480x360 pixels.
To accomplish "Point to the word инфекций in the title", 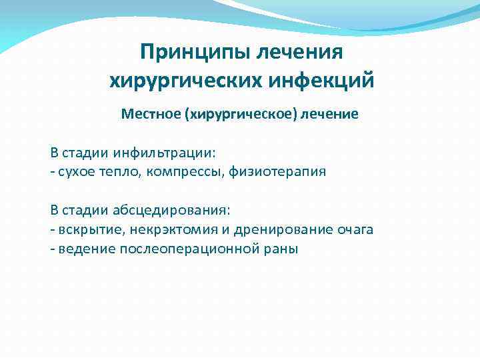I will (x=324, y=81).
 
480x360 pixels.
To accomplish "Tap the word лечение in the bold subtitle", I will (x=329, y=114).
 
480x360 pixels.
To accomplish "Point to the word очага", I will (x=355, y=230).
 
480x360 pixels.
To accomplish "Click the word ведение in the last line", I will (x=85, y=249).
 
